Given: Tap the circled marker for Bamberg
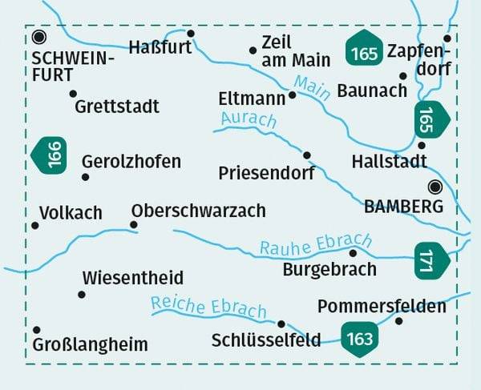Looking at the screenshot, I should click(435, 187).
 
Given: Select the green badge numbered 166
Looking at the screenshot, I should click(51, 155).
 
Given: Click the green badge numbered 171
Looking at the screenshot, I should click(429, 261).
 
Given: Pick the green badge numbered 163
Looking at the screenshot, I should click(360, 338).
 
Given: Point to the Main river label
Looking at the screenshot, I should click(313, 86).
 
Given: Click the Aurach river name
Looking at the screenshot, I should click(245, 120).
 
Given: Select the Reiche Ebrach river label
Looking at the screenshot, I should click(208, 307).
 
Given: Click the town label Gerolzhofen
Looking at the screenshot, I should click(131, 162).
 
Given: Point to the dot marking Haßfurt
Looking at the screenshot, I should click(191, 33).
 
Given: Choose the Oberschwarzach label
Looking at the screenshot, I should click(198, 211).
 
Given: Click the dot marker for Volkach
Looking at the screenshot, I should click(35, 226).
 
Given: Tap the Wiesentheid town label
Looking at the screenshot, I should click(133, 279).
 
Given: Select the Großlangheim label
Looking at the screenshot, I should click(91, 345).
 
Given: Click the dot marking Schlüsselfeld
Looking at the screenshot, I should click(281, 324).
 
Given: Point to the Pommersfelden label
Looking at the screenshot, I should click(382, 307).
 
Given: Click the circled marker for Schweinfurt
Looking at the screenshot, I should click(39, 37).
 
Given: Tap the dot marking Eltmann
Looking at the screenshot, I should click(293, 94).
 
